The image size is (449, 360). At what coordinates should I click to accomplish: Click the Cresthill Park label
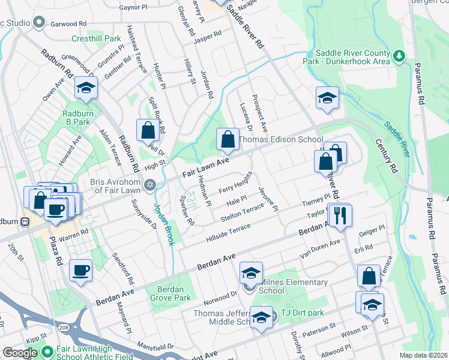96,38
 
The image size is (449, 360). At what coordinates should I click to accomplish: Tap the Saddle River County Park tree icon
399,56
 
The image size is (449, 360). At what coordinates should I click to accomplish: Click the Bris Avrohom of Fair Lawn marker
149,185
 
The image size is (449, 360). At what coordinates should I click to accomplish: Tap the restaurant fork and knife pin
340,215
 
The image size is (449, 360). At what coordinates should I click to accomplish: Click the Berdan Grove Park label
166,293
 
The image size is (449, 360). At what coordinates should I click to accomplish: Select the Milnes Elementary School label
288,287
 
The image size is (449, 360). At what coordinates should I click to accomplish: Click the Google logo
19,353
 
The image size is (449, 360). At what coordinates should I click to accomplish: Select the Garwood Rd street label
69,23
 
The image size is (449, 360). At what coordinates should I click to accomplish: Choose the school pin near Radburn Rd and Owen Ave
86,89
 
